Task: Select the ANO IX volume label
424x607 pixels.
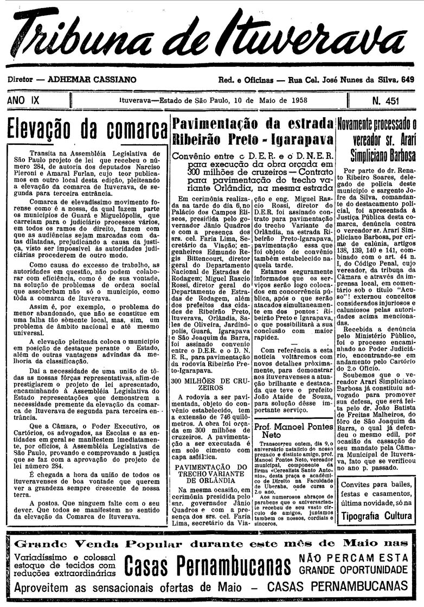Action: pyautogui.click(x=24, y=100)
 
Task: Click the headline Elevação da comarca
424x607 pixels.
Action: pyautogui.click(x=87, y=129)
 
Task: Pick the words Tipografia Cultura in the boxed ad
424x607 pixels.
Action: pyautogui.click(x=376, y=515)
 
